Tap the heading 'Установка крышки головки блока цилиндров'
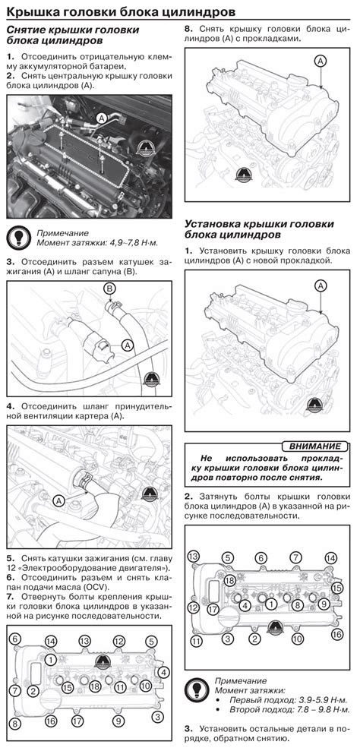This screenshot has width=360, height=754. (x=260, y=229)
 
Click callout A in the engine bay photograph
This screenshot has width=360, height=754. (x=101, y=117)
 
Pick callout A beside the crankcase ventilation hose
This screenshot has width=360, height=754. (x=58, y=500)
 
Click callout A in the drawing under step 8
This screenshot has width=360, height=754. (x=321, y=61)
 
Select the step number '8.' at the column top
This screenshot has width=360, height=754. (x=189, y=29)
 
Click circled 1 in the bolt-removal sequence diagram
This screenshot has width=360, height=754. (x=52, y=658)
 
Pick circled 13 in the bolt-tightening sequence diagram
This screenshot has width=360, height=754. (x=194, y=557)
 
